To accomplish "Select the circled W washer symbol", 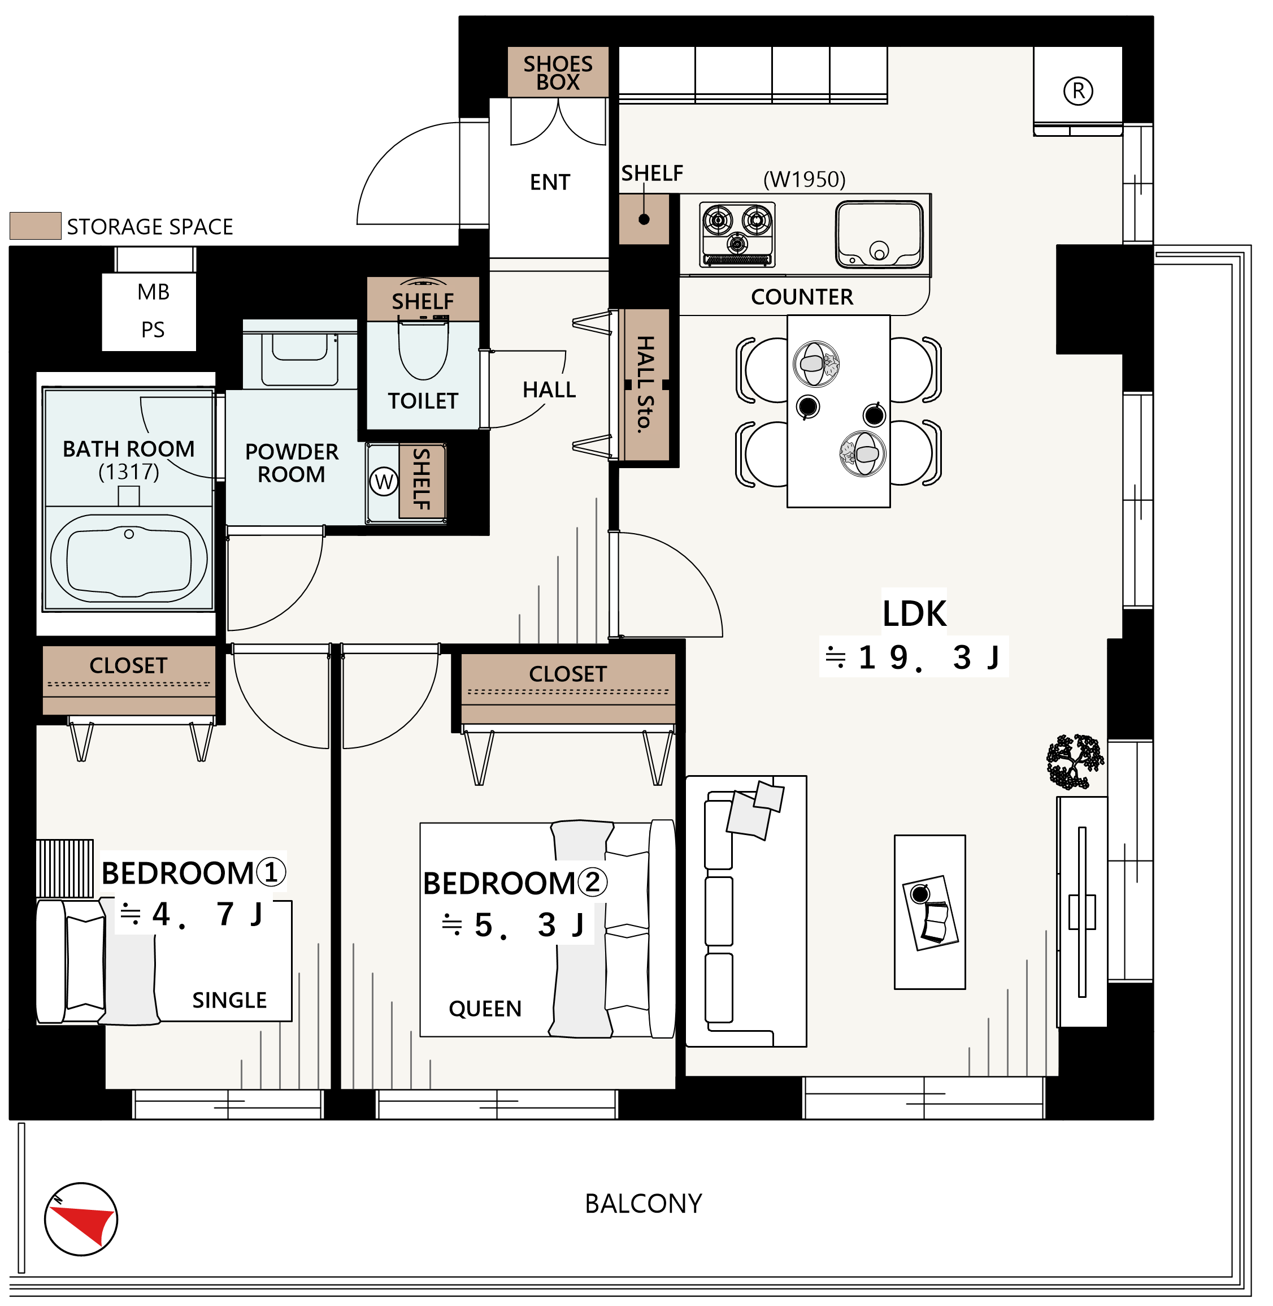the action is click(384, 482).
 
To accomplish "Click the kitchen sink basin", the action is click(879, 234).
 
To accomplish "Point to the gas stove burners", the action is click(737, 234).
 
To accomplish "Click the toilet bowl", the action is click(423, 351).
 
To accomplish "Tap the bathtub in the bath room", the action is click(129, 558).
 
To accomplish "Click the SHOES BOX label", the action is click(558, 73).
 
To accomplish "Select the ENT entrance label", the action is click(550, 182).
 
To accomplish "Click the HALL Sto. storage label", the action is click(644, 384).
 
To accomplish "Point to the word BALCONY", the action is click(643, 1204).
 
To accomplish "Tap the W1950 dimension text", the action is click(805, 179).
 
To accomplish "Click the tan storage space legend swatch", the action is click(36, 226).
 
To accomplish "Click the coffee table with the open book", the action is click(929, 912).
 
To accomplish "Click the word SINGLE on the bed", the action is click(229, 1000).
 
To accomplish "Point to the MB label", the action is click(153, 292).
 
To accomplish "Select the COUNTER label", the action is click(802, 297).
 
